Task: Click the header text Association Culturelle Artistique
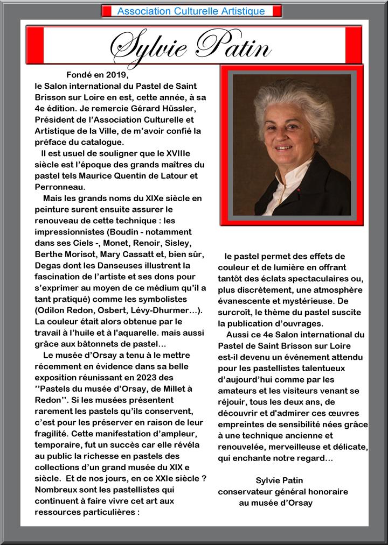(x=191, y=11)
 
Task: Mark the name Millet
(x=172, y=388)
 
